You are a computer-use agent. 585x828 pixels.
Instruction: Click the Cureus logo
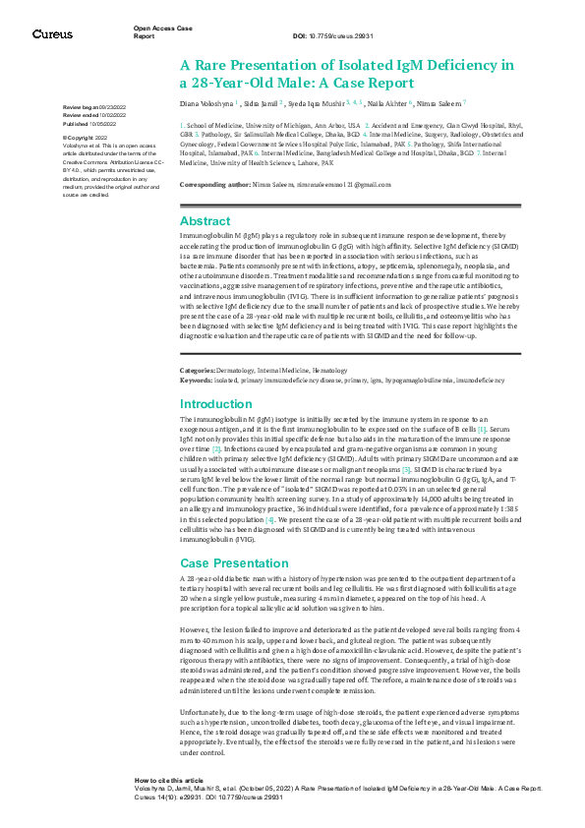(x=52, y=33)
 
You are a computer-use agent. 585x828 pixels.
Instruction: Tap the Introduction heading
(x=215, y=404)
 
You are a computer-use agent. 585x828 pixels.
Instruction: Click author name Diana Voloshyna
(x=205, y=101)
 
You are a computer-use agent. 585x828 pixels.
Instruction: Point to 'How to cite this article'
(x=169, y=778)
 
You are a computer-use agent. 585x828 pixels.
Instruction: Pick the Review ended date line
(x=91, y=115)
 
